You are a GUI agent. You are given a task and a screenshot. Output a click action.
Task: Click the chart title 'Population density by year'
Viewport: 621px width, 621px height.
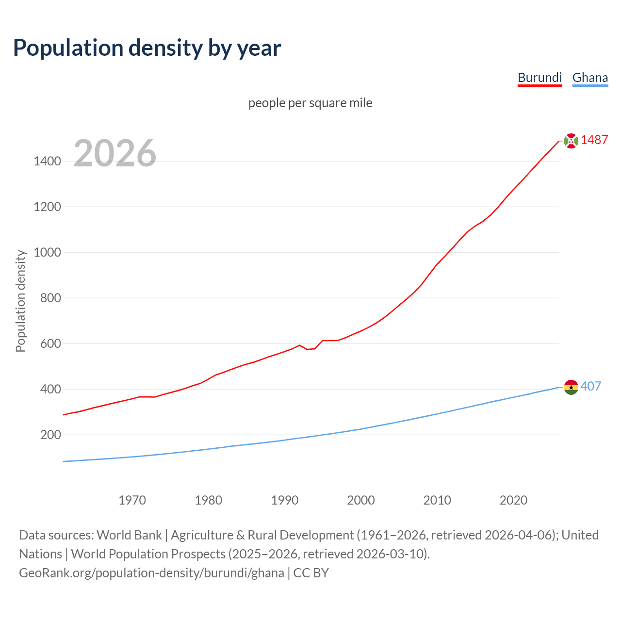point(147,48)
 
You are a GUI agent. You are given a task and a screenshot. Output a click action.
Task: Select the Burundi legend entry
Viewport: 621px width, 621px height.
point(539,78)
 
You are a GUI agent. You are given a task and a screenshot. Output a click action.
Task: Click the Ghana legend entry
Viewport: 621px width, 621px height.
point(590,78)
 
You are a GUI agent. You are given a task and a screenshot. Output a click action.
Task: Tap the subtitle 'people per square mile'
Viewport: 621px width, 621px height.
point(310,103)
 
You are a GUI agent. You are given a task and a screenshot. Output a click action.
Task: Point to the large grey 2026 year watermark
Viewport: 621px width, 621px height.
point(115,153)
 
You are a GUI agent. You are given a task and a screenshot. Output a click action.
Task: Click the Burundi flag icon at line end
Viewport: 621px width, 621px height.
point(571,141)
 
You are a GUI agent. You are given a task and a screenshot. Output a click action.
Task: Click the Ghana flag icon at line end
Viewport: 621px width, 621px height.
point(571,387)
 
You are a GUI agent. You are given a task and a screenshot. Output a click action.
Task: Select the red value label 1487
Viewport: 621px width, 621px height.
point(594,140)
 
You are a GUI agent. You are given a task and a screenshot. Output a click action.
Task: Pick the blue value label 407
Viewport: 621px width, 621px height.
point(590,386)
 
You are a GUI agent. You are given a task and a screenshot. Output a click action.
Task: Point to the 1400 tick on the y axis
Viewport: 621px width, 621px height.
point(47,161)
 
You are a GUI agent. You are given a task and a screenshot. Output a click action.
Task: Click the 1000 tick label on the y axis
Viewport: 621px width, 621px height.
point(47,252)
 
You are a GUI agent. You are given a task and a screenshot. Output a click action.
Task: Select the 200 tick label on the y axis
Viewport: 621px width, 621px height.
point(50,435)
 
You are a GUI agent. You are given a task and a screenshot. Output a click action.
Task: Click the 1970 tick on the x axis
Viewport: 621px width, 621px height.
point(132,500)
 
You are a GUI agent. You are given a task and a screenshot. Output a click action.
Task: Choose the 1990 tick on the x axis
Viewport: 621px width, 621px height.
point(285,500)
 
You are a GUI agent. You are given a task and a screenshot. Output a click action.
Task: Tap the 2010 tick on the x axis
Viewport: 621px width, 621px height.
point(437,500)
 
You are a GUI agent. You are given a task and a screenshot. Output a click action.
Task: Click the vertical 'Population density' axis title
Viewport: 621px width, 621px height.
point(20,301)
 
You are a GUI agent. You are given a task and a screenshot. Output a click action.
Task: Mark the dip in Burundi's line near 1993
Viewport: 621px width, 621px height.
point(308,349)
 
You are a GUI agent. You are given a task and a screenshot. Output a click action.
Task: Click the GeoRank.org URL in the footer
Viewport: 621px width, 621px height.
point(151,573)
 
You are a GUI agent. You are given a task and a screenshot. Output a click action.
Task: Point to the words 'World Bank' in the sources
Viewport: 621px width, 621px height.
point(129,535)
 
